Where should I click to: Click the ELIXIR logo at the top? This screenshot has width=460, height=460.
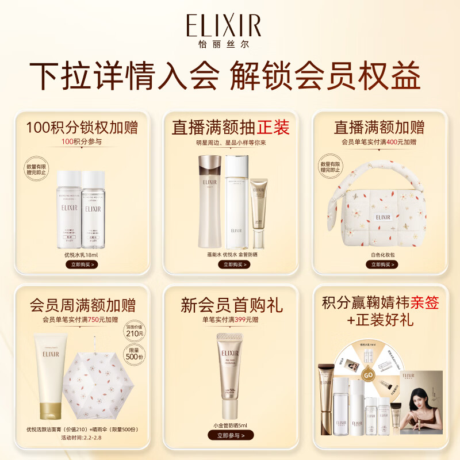(x=223, y=26)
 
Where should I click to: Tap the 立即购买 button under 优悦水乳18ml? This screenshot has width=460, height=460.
(x=81, y=264)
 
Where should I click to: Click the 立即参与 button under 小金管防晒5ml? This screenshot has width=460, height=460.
(x=230, y=435)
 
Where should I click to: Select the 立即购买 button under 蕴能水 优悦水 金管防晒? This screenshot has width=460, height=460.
(x=230, y=264)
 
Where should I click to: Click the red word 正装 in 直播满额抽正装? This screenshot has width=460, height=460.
(x=273, y=127)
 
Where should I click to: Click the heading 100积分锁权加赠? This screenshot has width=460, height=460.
(x=81, y=126)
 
